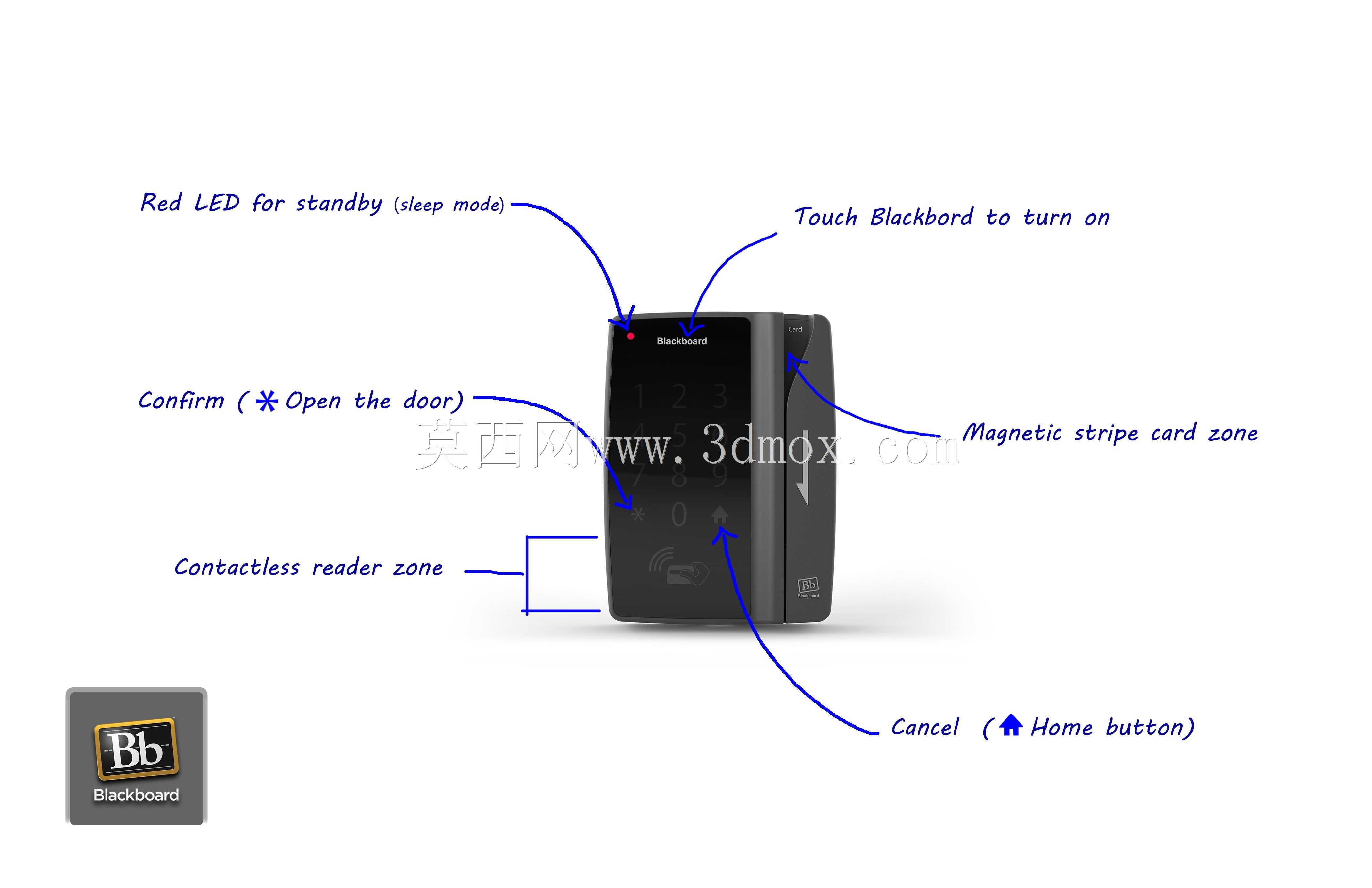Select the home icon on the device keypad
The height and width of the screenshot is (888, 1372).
pyautogui.click(x=719, y=514)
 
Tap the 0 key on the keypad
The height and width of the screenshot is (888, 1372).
pyautogui.click(x=679, y=514)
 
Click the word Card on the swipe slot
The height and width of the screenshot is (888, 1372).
pyautogui.click(x=795, y=329)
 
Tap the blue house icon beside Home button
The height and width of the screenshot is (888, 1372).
pyautogui.click(x=1011, y=725)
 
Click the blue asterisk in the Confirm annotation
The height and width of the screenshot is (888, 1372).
pyautogui.click(x=266, y=401)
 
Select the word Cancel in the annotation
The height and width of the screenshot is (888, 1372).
pyautogui.click(x=925, y=728)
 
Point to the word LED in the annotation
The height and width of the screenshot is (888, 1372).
pyautogui.click(x=217, y=203)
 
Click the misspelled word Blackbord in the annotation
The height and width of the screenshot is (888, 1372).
pyautogui.click(x=921, y=217)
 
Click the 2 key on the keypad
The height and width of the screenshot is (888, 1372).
pyautogui.click(x=679, y=396)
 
